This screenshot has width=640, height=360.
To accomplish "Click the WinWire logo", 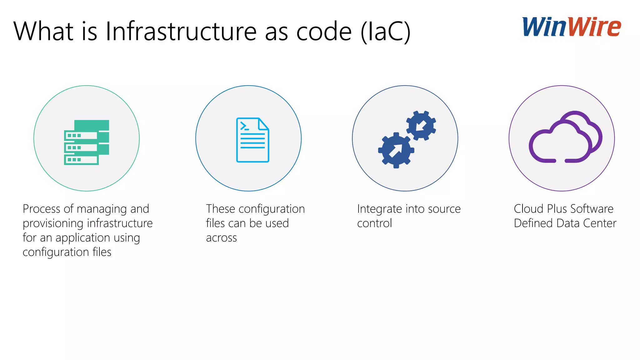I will click(x=572, y=27).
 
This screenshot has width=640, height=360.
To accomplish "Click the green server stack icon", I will click(x=87, y=142).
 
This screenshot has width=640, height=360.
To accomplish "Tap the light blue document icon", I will click(x=252, y=140).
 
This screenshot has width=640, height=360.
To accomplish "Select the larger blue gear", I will click(x=396, y=150).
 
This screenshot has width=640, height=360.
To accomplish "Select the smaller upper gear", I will click(x=421, y=126).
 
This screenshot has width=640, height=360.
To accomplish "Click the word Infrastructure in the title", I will click(x=181, y=31).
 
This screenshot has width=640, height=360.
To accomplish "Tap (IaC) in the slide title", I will click(x=385, y=31).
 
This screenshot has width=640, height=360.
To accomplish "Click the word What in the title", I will click(x=43, y=31).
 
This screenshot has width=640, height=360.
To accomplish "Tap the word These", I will click(x=220, y=209).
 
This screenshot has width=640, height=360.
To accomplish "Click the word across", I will click(x=221, y=238).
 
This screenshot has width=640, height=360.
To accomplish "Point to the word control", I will click(x=374, y=223).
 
